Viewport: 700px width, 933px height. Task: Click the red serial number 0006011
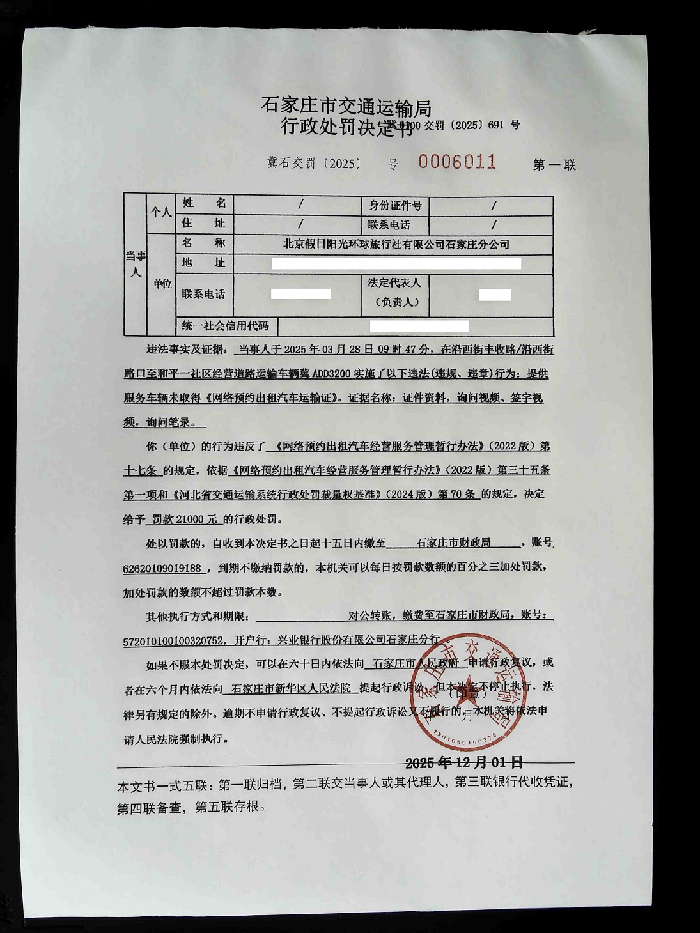point(457,161)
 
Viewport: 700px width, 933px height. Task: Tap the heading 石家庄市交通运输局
point(346,105)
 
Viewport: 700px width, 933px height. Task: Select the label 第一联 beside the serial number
point(554,165)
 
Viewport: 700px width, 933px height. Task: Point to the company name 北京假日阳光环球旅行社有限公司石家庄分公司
point(396,244)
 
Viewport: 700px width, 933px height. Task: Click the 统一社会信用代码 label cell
point(225,326)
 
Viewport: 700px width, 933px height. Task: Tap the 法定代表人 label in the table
point(394,282)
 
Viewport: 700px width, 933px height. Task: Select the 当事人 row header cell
point(135,264)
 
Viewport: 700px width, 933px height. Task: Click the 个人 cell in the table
point(160,212)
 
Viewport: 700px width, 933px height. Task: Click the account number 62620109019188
point(162,568)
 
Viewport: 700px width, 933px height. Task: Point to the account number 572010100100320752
point(173,640)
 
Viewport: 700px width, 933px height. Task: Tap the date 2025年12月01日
point(464,762)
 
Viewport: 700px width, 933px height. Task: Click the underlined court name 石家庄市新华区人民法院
point(291,688)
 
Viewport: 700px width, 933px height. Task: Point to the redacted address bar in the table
point(396,263)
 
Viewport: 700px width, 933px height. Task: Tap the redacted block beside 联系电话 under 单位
point(300,294)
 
